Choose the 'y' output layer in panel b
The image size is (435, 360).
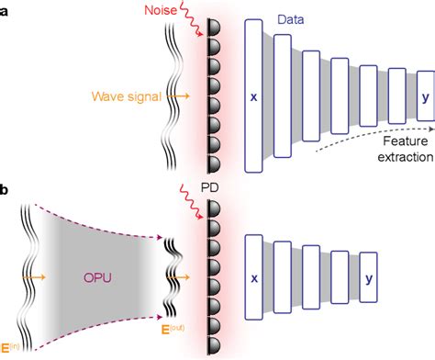[367, 276]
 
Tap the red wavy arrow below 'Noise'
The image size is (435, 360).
[194, 29]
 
